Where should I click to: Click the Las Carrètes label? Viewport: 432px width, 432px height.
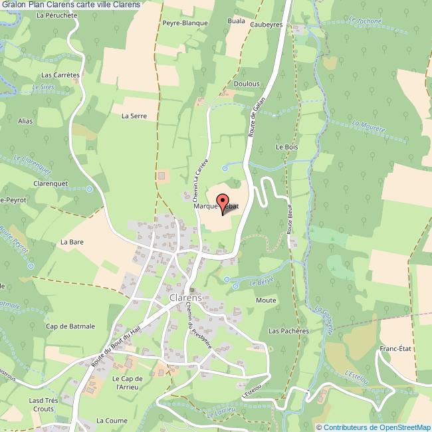click(x=60, y=75)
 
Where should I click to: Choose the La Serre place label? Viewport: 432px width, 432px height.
click(x=134, y=116)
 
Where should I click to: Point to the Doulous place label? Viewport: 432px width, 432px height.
click(x=247, y=84)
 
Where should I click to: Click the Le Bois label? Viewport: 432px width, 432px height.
click(x=284, y=146)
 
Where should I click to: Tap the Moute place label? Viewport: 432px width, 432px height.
click(x=266, y=300)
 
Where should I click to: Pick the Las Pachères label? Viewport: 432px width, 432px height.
click(x=289, y=330)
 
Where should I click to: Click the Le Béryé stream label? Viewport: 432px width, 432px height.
click(x=261, y=282)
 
